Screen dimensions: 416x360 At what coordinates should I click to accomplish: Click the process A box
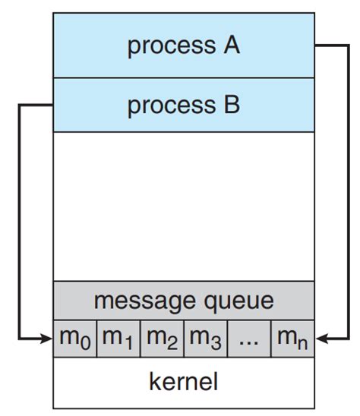(x=183, y=46)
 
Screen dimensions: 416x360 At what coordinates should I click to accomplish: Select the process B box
(x=183, y=105)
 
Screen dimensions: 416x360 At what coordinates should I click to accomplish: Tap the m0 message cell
(x=74, y=339)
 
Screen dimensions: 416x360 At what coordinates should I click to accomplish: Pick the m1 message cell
(x=118, y=339)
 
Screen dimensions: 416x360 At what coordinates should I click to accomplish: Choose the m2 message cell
(x=161, y=339)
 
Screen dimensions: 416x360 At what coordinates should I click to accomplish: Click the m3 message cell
(x=205, y=339)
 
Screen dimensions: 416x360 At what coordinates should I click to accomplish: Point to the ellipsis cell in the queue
(x=248, y=339)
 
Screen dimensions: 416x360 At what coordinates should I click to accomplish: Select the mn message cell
(x=292, y=339)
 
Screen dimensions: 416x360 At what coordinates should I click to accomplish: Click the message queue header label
(x=183, y=301)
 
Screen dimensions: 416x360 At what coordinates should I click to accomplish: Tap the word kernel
(x=183, y=380)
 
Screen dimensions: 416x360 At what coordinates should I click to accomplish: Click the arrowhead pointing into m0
(x=47, y=339)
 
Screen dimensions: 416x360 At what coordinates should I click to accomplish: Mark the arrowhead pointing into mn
(x=321, y=339)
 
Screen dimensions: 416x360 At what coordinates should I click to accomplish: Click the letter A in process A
(x=230, y=46)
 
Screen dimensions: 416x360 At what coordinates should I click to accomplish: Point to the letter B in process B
(x=230, y=105)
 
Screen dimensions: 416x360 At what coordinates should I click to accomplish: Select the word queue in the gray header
(x=236, y=301)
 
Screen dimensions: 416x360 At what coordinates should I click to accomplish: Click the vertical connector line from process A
(x=349, y=190)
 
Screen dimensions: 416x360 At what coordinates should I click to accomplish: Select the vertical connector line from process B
(x=18, y=220)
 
